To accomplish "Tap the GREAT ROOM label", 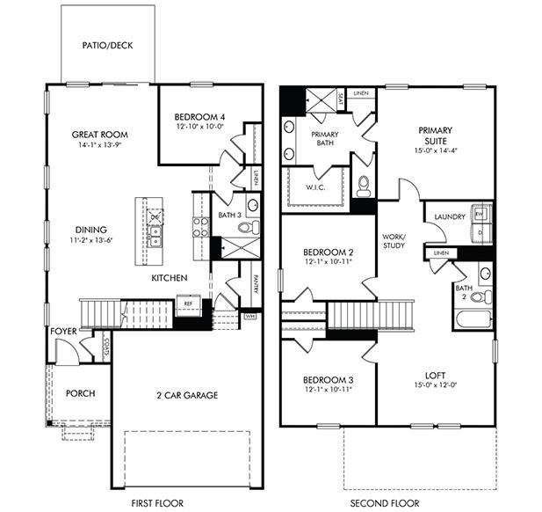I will (x=99, y=135).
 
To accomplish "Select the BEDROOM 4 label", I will (x=199, y=117).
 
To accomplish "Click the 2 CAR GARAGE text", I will (x=187, y=395).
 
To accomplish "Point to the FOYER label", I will (x=63, y=331).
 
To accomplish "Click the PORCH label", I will (x=80, y=393).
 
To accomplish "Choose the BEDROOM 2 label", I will (x=322, y=250).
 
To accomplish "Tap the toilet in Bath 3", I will (x=245, y=227).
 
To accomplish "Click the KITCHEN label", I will (x=170, y=278).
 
